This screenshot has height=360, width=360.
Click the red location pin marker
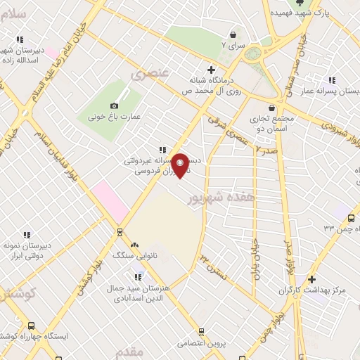point(181,165)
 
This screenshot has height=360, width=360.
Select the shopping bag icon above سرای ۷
point(233,34)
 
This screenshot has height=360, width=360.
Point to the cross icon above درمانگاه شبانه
point(211,69)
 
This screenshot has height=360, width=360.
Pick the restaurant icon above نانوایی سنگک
point(134,243)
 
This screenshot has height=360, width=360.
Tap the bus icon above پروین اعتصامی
point(201,332)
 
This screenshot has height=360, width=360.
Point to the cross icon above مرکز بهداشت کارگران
point(311,279)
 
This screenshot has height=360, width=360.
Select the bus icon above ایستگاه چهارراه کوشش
point(31,326)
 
